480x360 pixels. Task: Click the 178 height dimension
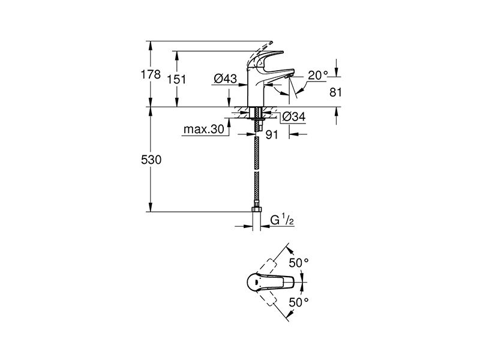pyautogui.click(x=151, y=74)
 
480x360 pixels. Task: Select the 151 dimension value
pyautogui.click(x=176, y=80)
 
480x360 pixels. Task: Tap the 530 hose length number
pyautogui.click(x=151, y=160)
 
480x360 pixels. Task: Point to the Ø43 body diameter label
pyautogui.click(x=226, y=79)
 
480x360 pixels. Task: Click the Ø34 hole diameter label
pyautogui.click(x=293, y=116)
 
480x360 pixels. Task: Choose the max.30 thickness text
pyautogui.click(x=204, y=130)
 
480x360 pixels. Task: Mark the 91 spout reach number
pyautogui.click(x=272, y=134)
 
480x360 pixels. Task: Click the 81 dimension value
pyautogui.click(x=335, y=92)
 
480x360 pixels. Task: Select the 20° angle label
pyautogui.click(x=317, y=76)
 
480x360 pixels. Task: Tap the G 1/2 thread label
pyautogui.click(x=282, y=220)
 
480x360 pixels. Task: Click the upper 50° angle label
pyautogui.click(x=298, y=263)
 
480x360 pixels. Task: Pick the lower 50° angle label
pyautogui.click(x=298, y=302)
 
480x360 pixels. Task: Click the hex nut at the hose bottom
pyautogui.click(x=257, y=209)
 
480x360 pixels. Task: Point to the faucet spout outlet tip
pyautogui.click(x=289, y=76)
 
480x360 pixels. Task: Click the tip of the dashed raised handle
pyautogui.click(x=271, y=42)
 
